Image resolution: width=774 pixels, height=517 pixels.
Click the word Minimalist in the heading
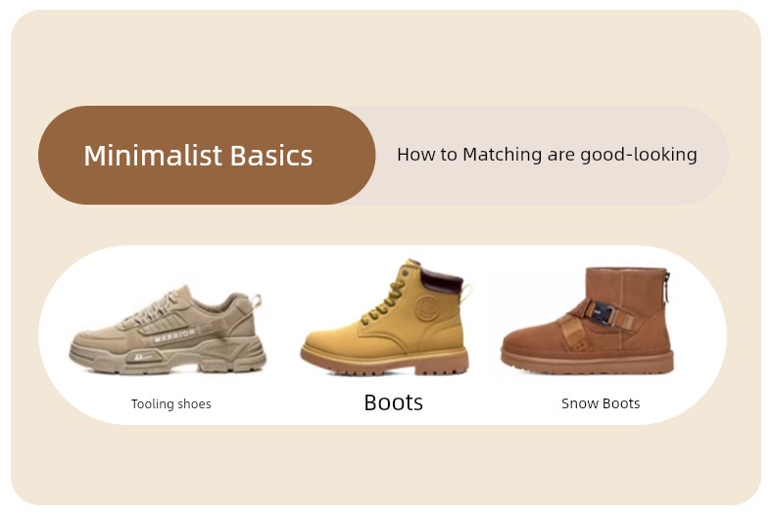[153, 156]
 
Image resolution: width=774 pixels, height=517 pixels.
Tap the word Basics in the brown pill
[271, 156]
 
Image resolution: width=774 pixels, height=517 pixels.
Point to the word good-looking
[639, 156]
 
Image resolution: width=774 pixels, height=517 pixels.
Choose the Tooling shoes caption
[171, 404]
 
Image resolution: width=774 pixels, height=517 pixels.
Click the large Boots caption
[394, 402]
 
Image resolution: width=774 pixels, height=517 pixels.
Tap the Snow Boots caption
[601, 403]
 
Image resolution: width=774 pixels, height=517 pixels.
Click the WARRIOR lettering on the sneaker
[174, 336]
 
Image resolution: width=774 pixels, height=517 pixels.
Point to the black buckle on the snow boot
[604, 313]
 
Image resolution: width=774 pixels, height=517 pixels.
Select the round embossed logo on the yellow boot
[426, 308]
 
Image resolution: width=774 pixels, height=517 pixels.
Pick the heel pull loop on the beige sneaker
[256, 300]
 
